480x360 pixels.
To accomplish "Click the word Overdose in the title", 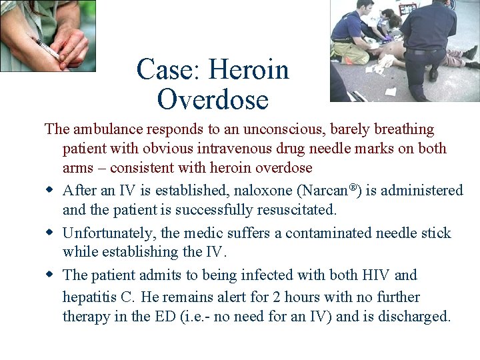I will (x=213, y=99).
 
